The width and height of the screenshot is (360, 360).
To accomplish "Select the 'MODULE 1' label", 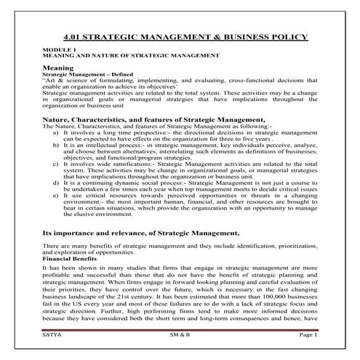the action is [x=55, y=49].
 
